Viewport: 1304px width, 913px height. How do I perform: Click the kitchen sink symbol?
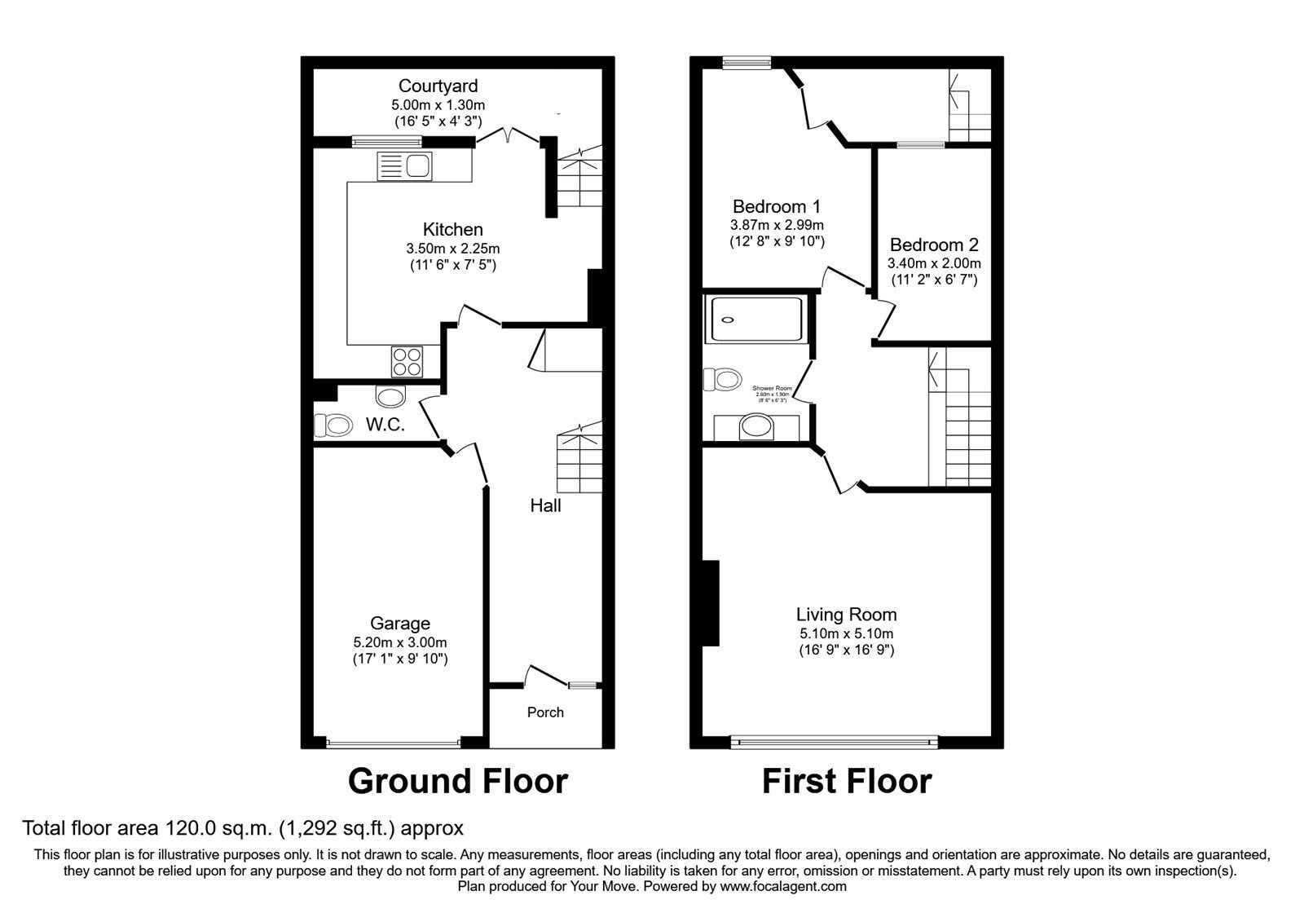[x=405, y=167]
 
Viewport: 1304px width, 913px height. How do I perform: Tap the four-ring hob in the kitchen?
[x=407, y=361]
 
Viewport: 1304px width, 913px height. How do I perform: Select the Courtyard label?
[x=438, y=86]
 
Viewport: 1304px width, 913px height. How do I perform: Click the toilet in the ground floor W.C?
[x=333, y=425]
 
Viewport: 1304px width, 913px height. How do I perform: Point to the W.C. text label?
[x=385, y=425]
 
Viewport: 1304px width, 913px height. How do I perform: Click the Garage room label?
[x=399, y=624]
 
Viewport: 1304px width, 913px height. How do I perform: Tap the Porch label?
[x=545, y=712]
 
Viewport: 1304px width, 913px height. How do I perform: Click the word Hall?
[x=545, y=505]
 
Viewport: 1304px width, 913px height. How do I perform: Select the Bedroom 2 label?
[x=934, y=245]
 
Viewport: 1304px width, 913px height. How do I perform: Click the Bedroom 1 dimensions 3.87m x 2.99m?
[x=777, y=225]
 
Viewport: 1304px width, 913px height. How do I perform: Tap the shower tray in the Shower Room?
[x=756, y=319]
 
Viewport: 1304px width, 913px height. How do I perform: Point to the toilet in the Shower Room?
[x=724, y=379]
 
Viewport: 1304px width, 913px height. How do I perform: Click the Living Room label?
[x=846, y=615]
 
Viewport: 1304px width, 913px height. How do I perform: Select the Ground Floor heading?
[x=457, y=781]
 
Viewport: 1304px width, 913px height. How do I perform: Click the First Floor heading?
[x=846, y=781]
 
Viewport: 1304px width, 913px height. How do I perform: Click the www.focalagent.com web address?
[x=783, y=886]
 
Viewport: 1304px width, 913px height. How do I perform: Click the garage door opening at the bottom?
[x=393, y=743]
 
